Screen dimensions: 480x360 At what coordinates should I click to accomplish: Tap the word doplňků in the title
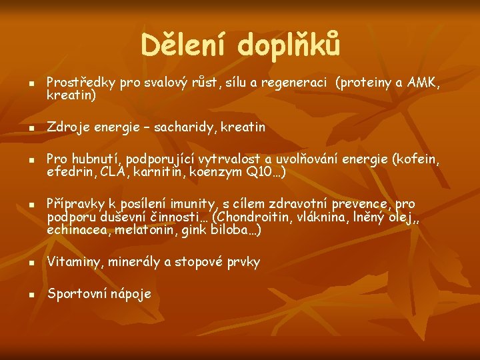coord(289,45)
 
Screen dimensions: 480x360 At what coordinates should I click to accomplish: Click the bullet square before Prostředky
coord(31,83)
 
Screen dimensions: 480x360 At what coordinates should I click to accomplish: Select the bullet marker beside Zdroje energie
coord(31,128)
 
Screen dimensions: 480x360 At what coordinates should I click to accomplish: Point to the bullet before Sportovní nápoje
coord(31,295)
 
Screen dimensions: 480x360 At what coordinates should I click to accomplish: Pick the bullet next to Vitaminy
coord(31,263)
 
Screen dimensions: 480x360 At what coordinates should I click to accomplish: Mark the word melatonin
coord(144,229)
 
